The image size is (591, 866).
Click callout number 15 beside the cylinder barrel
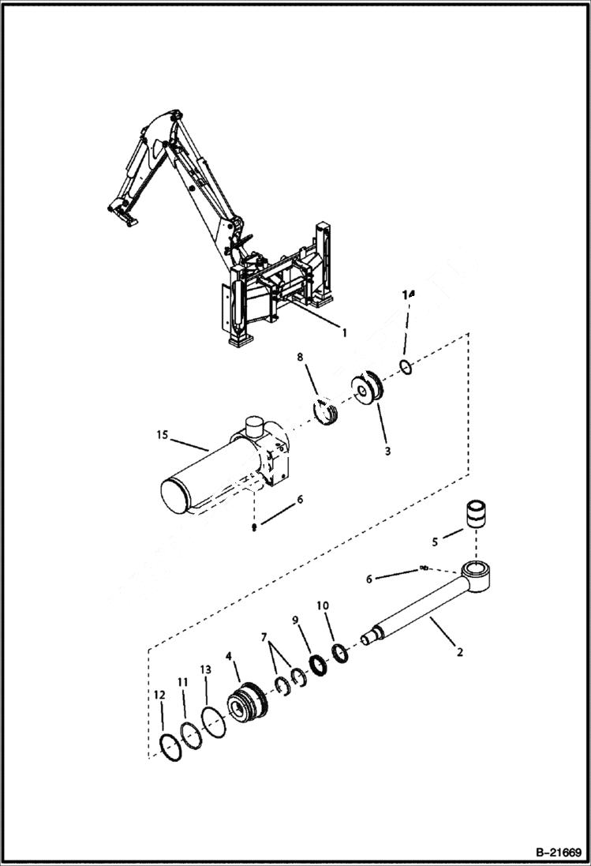162,435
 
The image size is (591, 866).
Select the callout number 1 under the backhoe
343,332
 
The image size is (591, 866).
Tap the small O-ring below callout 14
405,366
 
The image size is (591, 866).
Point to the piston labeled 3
367,392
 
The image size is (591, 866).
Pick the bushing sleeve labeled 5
476,515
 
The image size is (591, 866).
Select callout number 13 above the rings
206,669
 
